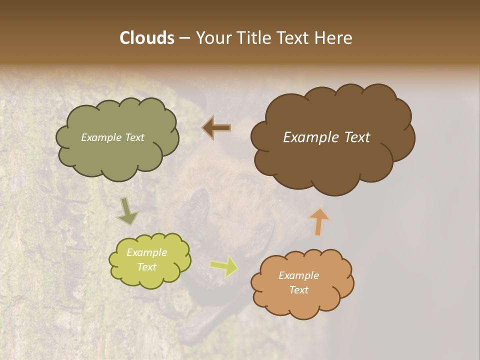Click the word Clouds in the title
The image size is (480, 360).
[146, 38]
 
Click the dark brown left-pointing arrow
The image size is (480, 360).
[216, 128]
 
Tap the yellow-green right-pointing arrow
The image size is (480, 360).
[224, 266]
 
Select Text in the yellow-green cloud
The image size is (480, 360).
[147, 267]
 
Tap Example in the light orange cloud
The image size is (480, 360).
[298, 275]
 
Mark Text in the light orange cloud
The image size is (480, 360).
[298, 290]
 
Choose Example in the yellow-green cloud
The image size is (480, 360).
[147, 252]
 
